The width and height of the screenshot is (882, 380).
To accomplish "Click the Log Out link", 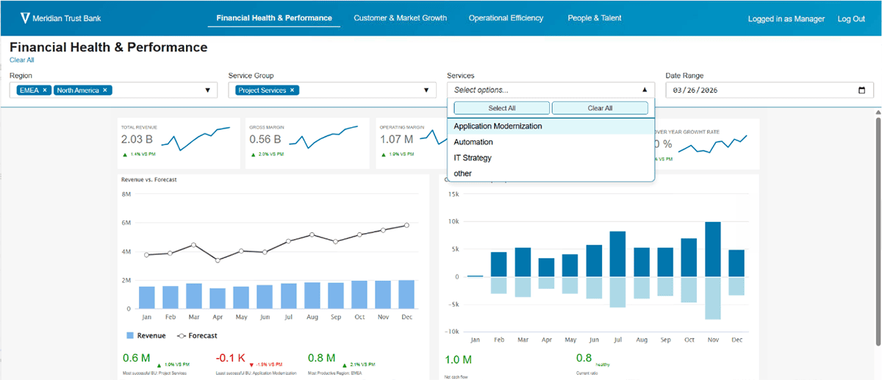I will pyautogui.click(x=851, y=18).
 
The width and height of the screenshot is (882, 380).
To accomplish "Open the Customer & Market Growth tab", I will pyautogui.click(x=400, y=18).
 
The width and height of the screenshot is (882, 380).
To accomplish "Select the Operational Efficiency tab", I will pyautogui.click(x=506, y=18).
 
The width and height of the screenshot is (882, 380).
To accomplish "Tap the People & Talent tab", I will pyautogui.click(x=595, y=18).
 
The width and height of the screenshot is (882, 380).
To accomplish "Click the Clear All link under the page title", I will pyautogui.click(x=21, y=60).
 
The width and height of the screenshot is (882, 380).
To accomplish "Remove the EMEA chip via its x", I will pyautogui.click(x=45, y=90).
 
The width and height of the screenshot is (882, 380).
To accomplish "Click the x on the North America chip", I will pyautogui.click(x=105, y=90).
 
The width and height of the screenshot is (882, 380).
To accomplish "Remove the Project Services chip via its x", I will pyautogui.click(x=292, y=90).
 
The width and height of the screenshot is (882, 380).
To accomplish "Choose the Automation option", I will pyautogui.click(x=473, y=142).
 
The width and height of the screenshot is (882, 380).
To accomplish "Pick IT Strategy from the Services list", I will pyautogui.click(x=473, y=158).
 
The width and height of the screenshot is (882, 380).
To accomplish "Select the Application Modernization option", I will pyautogui.click(x=498, y=126).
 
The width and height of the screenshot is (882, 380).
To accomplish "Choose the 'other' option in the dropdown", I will pyautogui.click(x=463, y=173).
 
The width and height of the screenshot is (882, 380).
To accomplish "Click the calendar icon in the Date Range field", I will pyautogui.click(x=861, y=90).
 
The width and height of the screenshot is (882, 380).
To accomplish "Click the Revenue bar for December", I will pyautogui.click(x=406, y=294).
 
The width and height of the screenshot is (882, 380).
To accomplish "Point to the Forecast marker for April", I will pyautogui.click(x=218, y=260).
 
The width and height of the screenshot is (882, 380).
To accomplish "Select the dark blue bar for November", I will pyautogui.click(x=712, y=249).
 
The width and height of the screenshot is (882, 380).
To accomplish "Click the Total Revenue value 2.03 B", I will pyautogui.click(x=137, y=140).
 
